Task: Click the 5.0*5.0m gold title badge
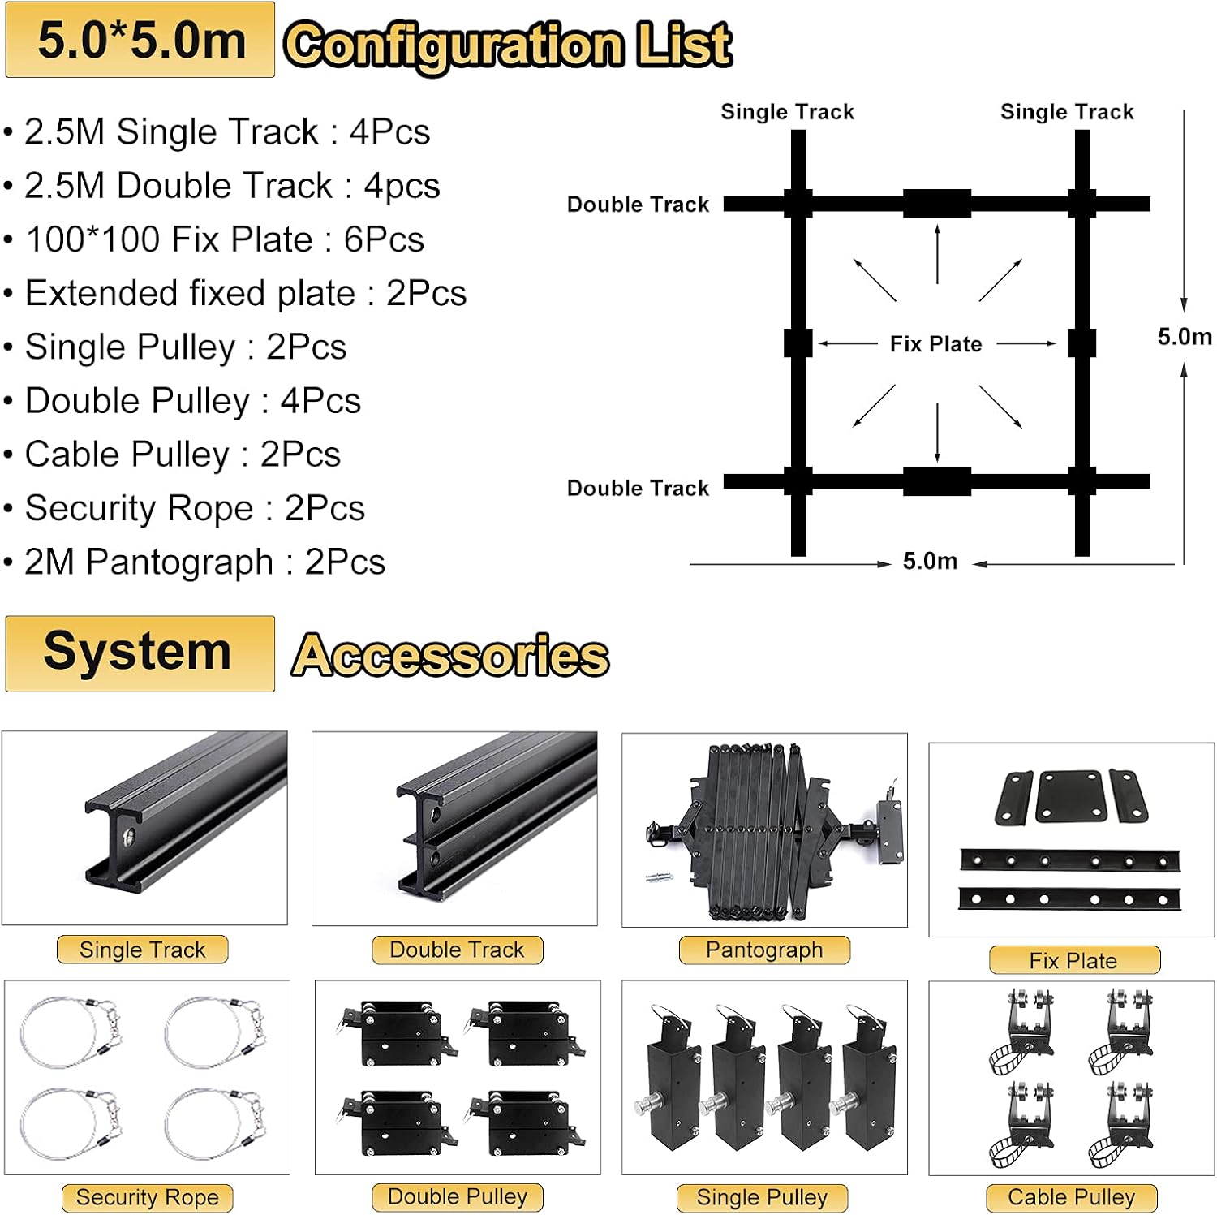point(140,41)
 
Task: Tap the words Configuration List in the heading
point(508,45)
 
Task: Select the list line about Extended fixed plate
point(245,294)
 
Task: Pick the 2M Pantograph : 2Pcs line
point(204,562)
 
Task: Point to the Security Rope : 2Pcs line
point(195,509)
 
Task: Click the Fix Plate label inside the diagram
point(935,344)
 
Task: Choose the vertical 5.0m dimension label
point(1184,337)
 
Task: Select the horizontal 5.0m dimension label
point(930,562)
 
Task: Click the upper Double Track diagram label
point(638,205)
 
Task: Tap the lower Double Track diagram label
point(638,489)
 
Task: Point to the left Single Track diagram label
point(787,112)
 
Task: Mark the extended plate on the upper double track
point(937,204)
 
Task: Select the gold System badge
point(140,653)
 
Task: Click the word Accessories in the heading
point(450,656)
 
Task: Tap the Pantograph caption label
point(764,950)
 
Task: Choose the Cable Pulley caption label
point(1071,1197)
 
